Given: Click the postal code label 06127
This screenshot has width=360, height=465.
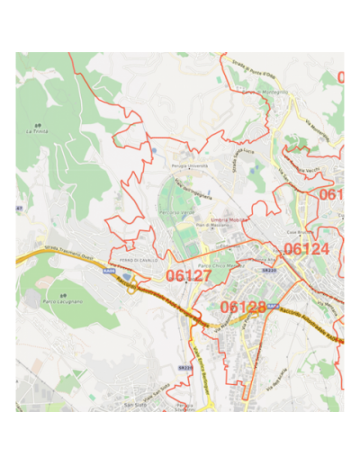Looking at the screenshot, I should tap(188, 275).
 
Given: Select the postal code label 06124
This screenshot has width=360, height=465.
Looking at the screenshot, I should tap(306, 249).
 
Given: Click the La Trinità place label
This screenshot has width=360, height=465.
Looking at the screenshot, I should tap(36, 131).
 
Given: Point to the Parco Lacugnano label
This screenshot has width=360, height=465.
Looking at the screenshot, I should tap(62, 305).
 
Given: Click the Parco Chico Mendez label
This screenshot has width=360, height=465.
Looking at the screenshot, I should tap(220, 265).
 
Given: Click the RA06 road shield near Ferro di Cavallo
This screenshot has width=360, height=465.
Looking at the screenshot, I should tap(109, 270).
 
